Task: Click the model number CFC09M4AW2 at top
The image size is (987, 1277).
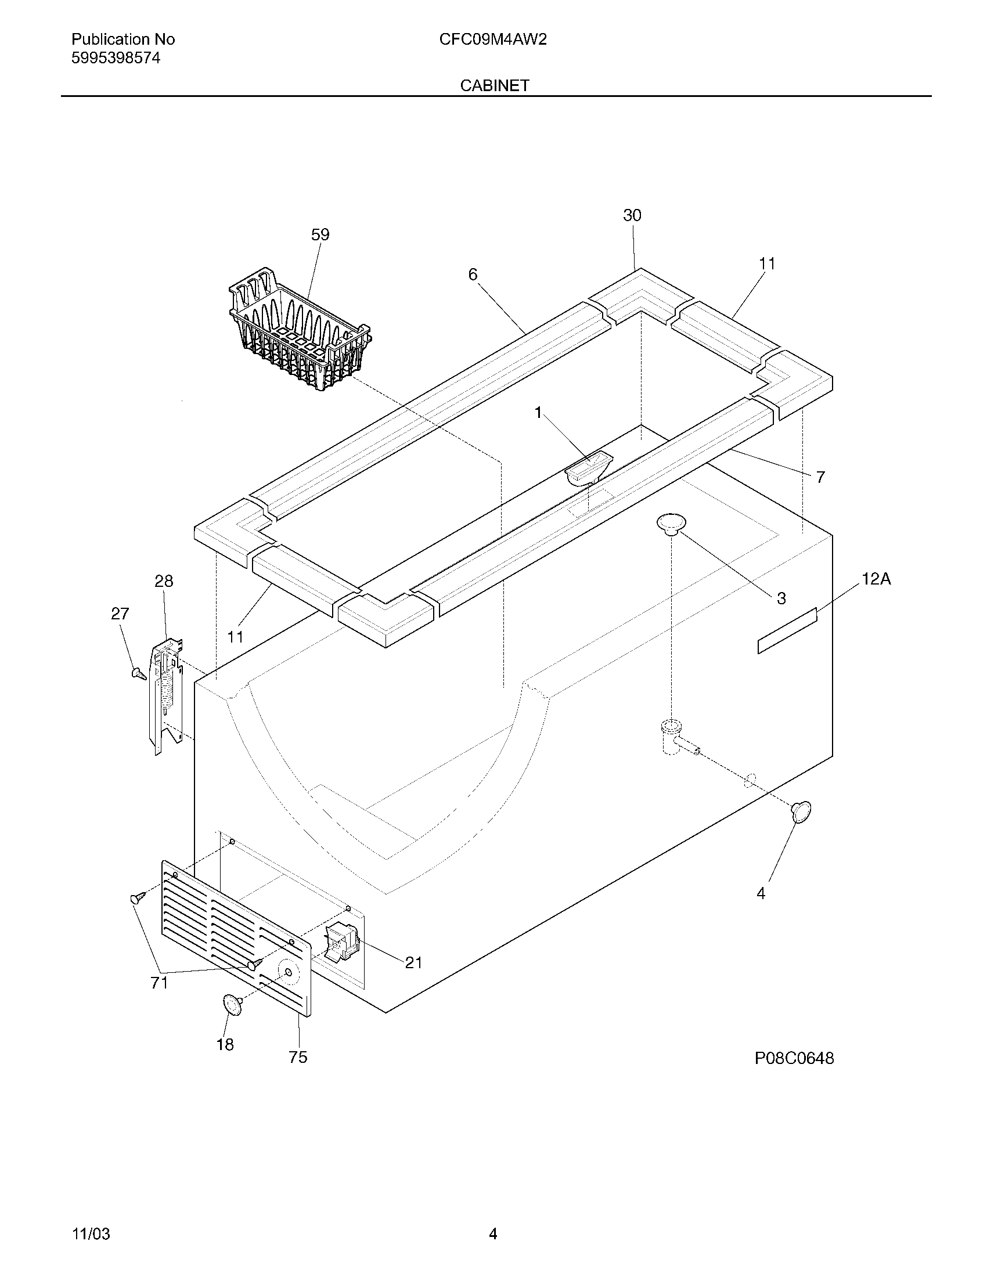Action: (x=493, y=39)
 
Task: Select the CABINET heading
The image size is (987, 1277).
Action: (x=494, y=86)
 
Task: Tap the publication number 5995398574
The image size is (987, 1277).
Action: (x=116, y=58)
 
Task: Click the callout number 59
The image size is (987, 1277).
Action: (x=320, y=235)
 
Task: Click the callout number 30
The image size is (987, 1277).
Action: (x=632, y=216)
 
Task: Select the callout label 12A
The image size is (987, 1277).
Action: (x=876, y=579)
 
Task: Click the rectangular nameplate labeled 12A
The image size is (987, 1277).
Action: (x=787, y=630)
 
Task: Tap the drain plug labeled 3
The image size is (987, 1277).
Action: (x=671, y=524)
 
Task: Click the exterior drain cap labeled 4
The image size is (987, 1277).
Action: (x=801, y=812)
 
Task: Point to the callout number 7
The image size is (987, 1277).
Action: (x=820, y=478)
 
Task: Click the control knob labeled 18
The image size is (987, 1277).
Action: (x=232, y=1005)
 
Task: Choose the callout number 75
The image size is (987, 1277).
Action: (x=298, y=1057)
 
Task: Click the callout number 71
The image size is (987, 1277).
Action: (x=159, y=983)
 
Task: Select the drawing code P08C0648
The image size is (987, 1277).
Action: (x=794, y=1058)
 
